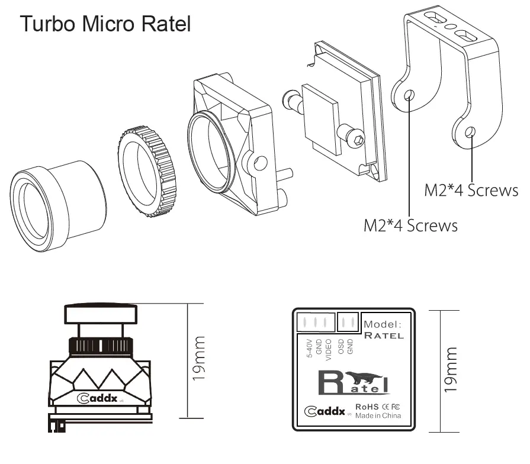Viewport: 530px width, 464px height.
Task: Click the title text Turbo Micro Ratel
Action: pyautogui.click(x=105, y=24)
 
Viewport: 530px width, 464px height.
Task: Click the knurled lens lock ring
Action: pyautogui.click(x=148, y=172)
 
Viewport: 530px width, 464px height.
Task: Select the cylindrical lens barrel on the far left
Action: pyautogui.click(x=57, y=206)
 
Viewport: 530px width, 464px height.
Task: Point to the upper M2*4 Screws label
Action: pyautogui.click(x=471, y=190)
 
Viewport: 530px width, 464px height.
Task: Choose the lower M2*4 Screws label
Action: pyautogui.click(x=411, y=225)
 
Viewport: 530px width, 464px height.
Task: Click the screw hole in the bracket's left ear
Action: pyautogui.click(x=409, y=95)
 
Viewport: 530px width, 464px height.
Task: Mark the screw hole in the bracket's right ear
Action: pyautogui.click(x=470, y=132)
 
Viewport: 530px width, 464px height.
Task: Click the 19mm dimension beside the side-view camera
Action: pyautogui.click(x=199, y=358)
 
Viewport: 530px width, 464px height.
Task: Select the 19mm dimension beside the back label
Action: pyautogui.click(x=451, y=369)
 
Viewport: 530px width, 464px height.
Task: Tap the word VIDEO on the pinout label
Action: pyautogui.click(x=328, y=350)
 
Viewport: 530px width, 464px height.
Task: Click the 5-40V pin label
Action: pyautogui.click(x=309, y=348)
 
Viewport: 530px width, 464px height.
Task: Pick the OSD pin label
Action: pyautogui.click(x=341, y=347)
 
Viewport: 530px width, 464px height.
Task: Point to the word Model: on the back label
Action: pyautogui.click(x=383, y=324)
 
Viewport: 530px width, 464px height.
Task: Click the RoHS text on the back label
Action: pyautogui.click(x=367, y=407)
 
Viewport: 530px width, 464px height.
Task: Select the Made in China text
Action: pyautogui.click(x=378, y=415)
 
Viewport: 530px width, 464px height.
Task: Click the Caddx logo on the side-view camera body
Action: pyautogui.click(x=97, y=398)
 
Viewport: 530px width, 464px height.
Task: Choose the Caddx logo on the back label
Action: pyautogui.click(x=325, y=411)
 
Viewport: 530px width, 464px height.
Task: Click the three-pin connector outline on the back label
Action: pyautogui.click(x=316, y=322)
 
